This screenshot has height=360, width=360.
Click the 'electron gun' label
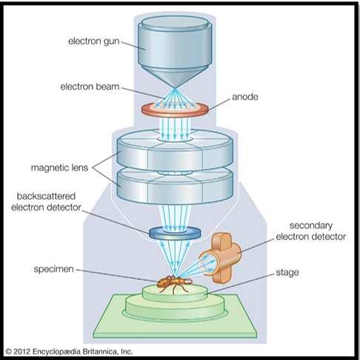(94, 41)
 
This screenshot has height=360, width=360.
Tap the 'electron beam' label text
(90, 87)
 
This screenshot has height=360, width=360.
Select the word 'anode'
(245, 97)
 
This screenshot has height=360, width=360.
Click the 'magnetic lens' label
(59, 167)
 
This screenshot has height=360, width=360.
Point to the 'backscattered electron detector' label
(46, 201)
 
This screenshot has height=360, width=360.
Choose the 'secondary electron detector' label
(311, 231)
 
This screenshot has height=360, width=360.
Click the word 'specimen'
(54, 269)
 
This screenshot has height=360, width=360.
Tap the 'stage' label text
(287, 273)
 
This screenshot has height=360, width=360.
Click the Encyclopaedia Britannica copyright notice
(69, 351)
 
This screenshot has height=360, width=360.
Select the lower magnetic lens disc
(175, 186)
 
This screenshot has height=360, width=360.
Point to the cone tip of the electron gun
(175, 88)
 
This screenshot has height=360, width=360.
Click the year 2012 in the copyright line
(21, 351)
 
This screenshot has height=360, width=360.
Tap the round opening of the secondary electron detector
(207, 264)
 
